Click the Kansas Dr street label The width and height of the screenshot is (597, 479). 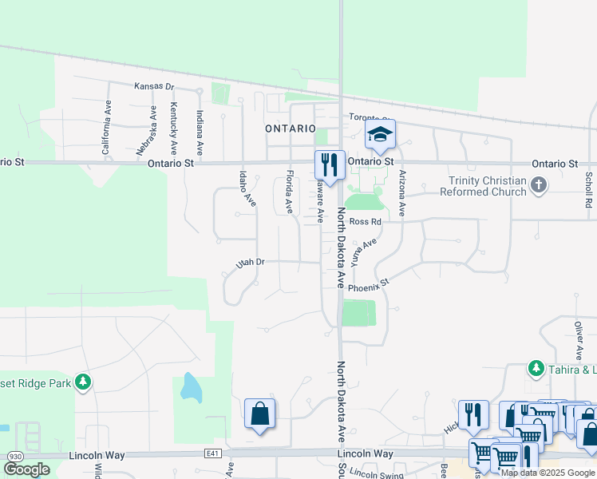[x=154, y=86]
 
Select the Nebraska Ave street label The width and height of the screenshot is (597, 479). [x=145, y=131]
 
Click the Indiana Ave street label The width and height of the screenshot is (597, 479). [x=200, y=133]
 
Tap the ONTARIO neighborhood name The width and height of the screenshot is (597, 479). [x=291, y=128]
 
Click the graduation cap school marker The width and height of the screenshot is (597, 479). [x=381, y=135]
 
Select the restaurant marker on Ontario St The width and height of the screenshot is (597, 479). [x=330, y=164]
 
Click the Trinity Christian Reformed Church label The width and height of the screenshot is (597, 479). [x=487, y=186]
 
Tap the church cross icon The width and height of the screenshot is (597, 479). [x=540, y=186]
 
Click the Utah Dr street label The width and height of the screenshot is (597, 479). [x=250, y=262]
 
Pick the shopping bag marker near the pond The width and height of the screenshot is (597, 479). [x=260, y=414]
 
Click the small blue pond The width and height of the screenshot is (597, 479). [x=191, y=387]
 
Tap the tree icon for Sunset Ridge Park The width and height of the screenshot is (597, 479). [x=83, y=382]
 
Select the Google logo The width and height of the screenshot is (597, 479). [x=26, y=469]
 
